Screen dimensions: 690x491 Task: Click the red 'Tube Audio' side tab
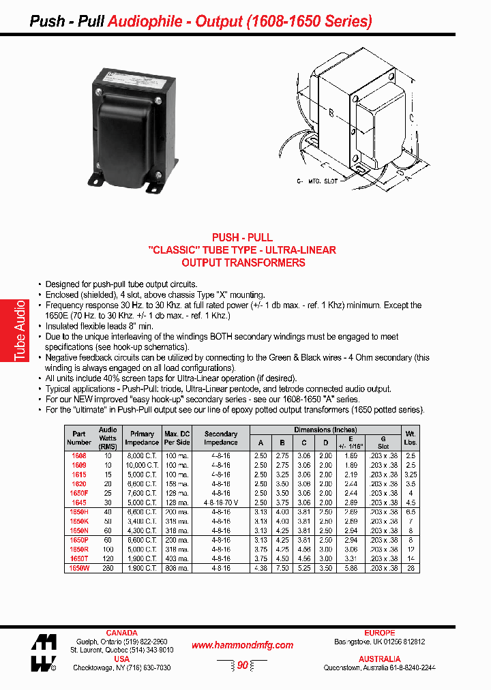point(20,331)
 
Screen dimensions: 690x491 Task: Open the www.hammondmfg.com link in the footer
point(242,645)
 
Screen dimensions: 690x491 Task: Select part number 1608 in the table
point(79,455)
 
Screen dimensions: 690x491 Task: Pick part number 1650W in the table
point(79,567)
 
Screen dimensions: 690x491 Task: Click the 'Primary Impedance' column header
point(143,437)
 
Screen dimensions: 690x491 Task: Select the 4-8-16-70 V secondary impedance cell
point(221,502)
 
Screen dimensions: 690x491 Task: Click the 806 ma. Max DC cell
point(177,567)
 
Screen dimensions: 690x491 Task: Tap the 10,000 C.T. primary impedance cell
point(143,465)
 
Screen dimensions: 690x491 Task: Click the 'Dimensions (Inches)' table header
point(325,430)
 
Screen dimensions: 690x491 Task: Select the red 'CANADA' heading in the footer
point(121,633)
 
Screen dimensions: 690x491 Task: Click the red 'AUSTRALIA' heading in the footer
point(379,659)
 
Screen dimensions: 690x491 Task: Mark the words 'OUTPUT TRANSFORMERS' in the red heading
point(243,262)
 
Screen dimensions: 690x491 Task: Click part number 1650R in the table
point(79,549)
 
